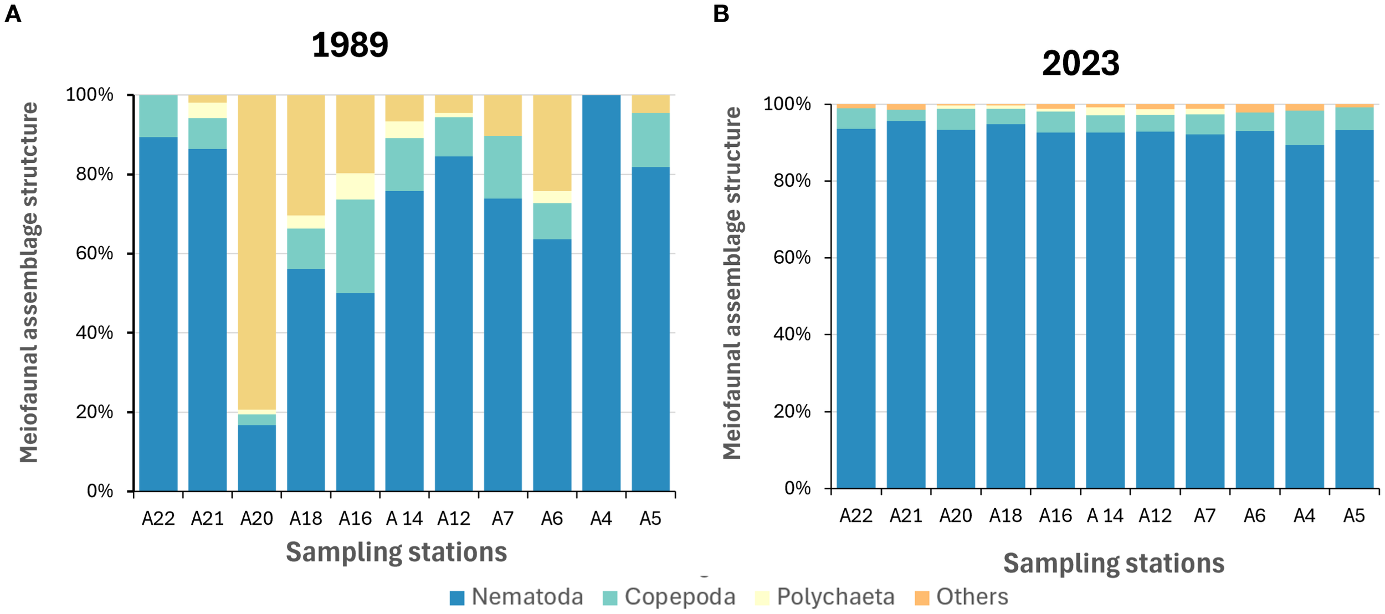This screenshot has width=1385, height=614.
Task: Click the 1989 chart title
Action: pos(350,45)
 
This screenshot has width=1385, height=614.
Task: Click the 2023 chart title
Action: pos(1080,63)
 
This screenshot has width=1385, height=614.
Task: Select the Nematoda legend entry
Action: pos(516,597)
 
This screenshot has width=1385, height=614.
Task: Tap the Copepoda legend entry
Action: pos(669,597)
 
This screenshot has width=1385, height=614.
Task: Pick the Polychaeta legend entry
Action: pos(825,597)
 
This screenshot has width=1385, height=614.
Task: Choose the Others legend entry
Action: pos(961,597)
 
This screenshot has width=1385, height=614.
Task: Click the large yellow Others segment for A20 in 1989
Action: pos(257,249)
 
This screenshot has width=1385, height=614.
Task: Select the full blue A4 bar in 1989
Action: pos(601,294)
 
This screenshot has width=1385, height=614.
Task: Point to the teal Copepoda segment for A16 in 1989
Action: pos(355,246)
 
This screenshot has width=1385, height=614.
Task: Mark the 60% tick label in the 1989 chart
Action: pos(95,253)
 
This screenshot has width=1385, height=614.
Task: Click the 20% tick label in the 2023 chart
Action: pos(792,412)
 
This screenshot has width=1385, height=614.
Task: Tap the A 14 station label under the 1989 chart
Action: pos(404,518)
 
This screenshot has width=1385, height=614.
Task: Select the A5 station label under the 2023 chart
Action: pos(1353,516)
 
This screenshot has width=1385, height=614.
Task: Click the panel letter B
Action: pos(721,14)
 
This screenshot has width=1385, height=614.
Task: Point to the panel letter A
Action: pos(12,14)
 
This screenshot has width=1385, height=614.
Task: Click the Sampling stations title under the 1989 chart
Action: pos(396,552)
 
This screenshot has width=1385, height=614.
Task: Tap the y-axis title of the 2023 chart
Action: pos(732,283)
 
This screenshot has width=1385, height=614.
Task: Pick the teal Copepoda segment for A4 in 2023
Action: pos(1304,127)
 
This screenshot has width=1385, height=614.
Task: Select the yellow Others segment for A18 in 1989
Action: pos(306,155)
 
